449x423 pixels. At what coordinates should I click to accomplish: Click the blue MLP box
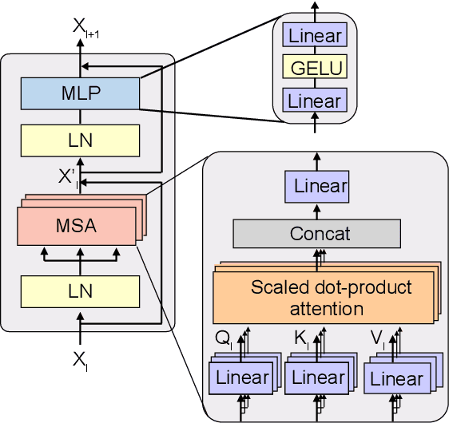(x=80, y=93)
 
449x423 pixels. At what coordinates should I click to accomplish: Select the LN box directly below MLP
(x=80, y=140)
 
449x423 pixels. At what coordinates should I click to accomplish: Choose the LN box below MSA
(x=80, y=291)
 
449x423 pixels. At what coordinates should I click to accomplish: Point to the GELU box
(x=316, y=68)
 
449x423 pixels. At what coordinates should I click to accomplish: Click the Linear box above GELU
(x=316, y=36)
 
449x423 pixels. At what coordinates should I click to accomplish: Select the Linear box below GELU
(x=316, y=101)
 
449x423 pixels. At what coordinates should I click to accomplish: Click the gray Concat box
(x=316, y=234)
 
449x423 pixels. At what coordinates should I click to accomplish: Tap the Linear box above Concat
(x=316, y=187)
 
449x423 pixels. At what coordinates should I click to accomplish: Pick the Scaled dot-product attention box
(x=324, y=297)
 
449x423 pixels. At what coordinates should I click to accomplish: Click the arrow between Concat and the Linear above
(x=316, y=210)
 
